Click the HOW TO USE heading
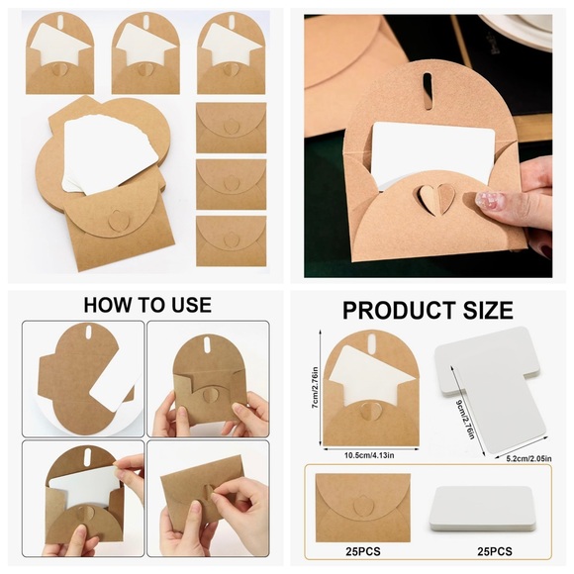pos(147,305)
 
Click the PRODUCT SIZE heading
pos(428,310)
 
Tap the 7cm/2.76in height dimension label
pos(315,388)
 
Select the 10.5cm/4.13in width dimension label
pos(369,455)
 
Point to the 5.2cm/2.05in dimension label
pos(529,458)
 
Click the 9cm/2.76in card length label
pos(465,420)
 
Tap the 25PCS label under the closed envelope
pos(363,551)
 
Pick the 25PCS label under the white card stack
pos(495,551)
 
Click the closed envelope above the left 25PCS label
pos(363,508)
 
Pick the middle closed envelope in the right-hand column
pos(231,184)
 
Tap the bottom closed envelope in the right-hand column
pos(231,240)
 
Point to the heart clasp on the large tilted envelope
pos(117,221)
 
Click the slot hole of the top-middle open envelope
pos(146,21)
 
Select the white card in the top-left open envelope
pos(58,44)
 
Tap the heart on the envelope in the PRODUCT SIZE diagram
pos(370,410)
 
